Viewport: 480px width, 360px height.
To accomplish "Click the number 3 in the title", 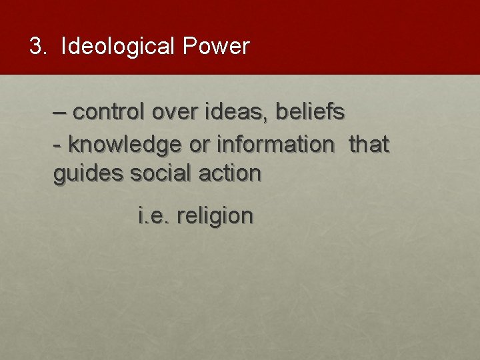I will pyautogui.click(x=35, y=46).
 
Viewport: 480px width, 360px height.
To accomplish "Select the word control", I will pyautogui.click(x=109, y=113).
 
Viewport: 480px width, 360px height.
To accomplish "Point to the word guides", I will pyautogui.click(x=89, y=174).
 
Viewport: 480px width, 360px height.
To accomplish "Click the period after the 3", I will pyautogui.click(x=45, y=53).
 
